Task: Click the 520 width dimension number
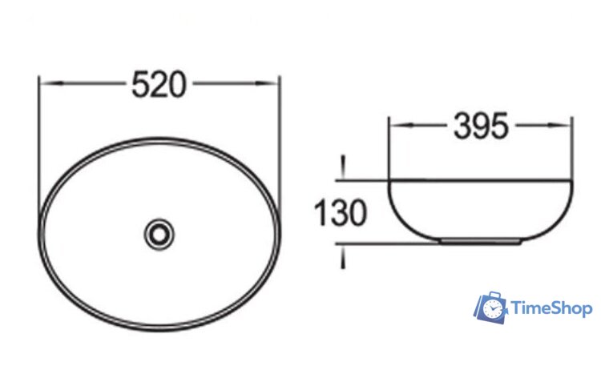(159, 84)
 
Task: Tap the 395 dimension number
(481, 126)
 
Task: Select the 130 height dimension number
(341, 212)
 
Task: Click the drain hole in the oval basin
(159, 234)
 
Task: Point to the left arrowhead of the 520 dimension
(51, 82)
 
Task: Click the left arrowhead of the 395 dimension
(401, 124)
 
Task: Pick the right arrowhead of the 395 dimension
(559, 124)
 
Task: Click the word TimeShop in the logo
(552, 308)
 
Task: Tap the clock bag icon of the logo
(491, 308)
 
